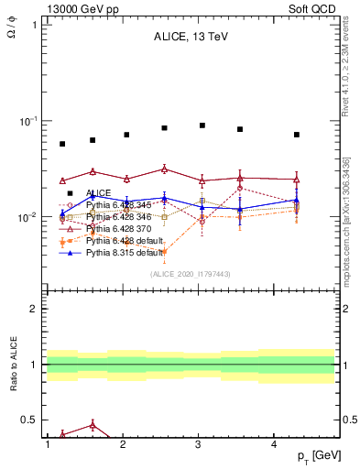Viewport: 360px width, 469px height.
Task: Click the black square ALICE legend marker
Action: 70,193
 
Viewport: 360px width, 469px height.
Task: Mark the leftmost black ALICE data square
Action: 62,144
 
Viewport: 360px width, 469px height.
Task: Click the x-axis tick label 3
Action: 199,444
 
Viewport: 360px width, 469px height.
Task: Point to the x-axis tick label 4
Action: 275,444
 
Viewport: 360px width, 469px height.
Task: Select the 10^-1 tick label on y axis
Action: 28,121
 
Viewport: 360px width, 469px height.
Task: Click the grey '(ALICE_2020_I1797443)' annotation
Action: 190,274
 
